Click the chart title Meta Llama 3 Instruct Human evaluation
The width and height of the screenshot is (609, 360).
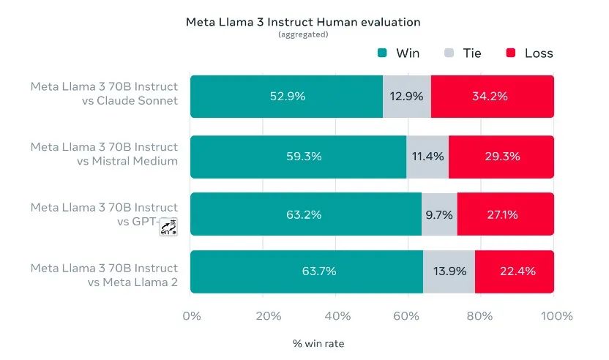point(304,22)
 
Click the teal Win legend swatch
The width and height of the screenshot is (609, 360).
point(382,53)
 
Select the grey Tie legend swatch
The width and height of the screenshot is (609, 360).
point(449,53)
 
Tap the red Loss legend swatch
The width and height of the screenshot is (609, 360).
point(511,53)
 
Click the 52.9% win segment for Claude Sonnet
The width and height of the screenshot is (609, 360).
point(286,97)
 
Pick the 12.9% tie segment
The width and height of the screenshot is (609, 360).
point(407,97)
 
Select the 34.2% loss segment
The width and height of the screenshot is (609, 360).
point(492,97)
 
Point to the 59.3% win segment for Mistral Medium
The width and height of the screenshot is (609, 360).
point(298,157)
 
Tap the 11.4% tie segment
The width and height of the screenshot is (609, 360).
point(427,157)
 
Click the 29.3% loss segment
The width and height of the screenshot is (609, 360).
point(501,157)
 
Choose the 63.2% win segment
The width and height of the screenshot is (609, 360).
point(306,214)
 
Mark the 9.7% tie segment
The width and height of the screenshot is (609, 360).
point(439,214)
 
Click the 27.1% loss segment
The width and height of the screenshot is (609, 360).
point(505,214)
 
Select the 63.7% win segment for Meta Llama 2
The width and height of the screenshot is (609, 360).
point(307,271)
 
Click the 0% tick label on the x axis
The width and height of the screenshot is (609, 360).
point(191,316)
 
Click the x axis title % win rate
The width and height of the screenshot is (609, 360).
point(318,342)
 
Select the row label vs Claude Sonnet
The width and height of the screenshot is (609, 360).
point(130,100)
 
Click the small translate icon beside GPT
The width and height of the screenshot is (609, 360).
point(169,227)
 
